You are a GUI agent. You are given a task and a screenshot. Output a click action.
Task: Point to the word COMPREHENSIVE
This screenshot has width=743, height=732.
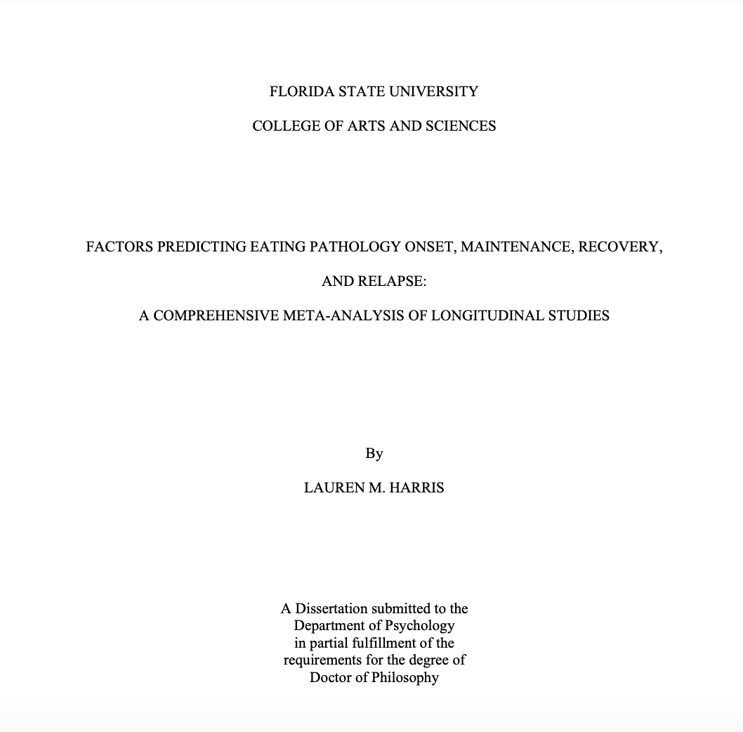pos(216,315)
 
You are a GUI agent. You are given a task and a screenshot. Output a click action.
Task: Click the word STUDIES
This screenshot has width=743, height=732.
pos(579,315)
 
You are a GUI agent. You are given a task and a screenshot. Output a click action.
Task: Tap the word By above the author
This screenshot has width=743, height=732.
pos(374,453)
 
